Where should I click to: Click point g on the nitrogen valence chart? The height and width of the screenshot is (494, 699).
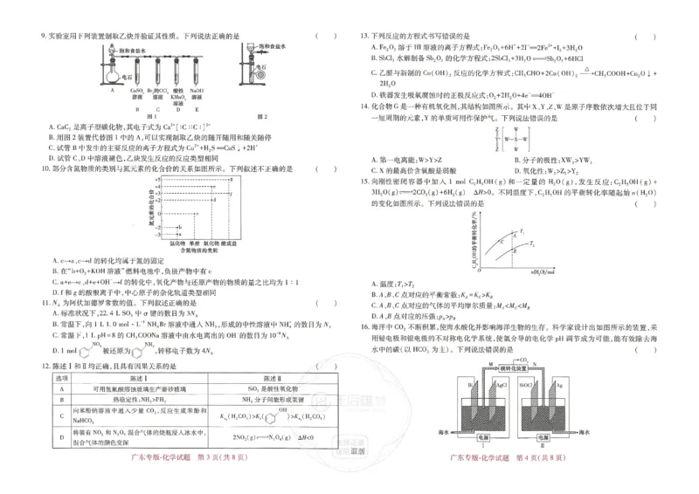pyautogui.click(x=231, y=179)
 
